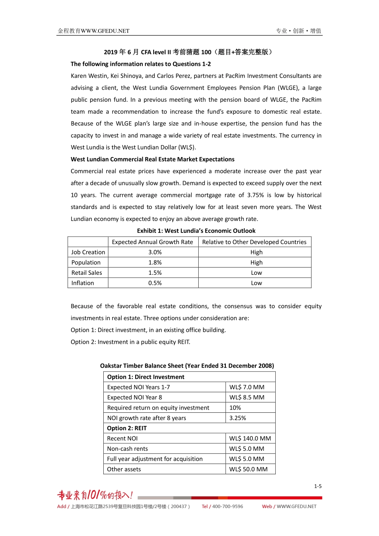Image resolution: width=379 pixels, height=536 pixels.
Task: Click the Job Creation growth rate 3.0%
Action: point(155,252)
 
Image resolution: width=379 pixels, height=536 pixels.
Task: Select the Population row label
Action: point(86,262)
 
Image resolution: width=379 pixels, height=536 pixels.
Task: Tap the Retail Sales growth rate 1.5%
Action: point(155,273)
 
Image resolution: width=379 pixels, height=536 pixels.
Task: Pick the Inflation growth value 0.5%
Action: point(155,283)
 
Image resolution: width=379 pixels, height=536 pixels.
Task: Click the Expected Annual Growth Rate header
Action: point(152,242)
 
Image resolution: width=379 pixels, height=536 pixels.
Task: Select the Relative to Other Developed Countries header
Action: point(254,242)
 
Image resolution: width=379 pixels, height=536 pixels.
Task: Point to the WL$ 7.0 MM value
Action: point(247,387)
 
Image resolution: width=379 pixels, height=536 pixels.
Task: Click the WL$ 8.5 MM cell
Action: point(247,398)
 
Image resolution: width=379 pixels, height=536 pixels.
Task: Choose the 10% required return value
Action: point(235,408)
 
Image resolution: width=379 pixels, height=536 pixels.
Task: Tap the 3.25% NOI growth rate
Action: point(238,418)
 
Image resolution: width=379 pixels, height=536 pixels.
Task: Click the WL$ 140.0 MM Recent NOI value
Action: point(250,439)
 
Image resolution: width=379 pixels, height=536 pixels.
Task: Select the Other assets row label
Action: point(124,469)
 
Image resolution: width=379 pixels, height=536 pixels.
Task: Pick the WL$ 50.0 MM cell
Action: point(248,469)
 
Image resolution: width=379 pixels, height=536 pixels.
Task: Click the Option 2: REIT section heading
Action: point(127,428)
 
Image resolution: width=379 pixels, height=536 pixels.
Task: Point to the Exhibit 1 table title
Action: point(196,231)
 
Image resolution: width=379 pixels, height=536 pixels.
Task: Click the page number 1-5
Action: point(318,487)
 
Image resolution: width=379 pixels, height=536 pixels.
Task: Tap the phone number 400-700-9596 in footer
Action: point(227,506)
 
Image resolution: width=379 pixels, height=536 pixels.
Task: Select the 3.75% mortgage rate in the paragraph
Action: point(255,195)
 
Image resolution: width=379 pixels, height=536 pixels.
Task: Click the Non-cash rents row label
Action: point(127,449)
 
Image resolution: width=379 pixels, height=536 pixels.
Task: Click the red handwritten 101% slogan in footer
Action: point(95,495)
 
